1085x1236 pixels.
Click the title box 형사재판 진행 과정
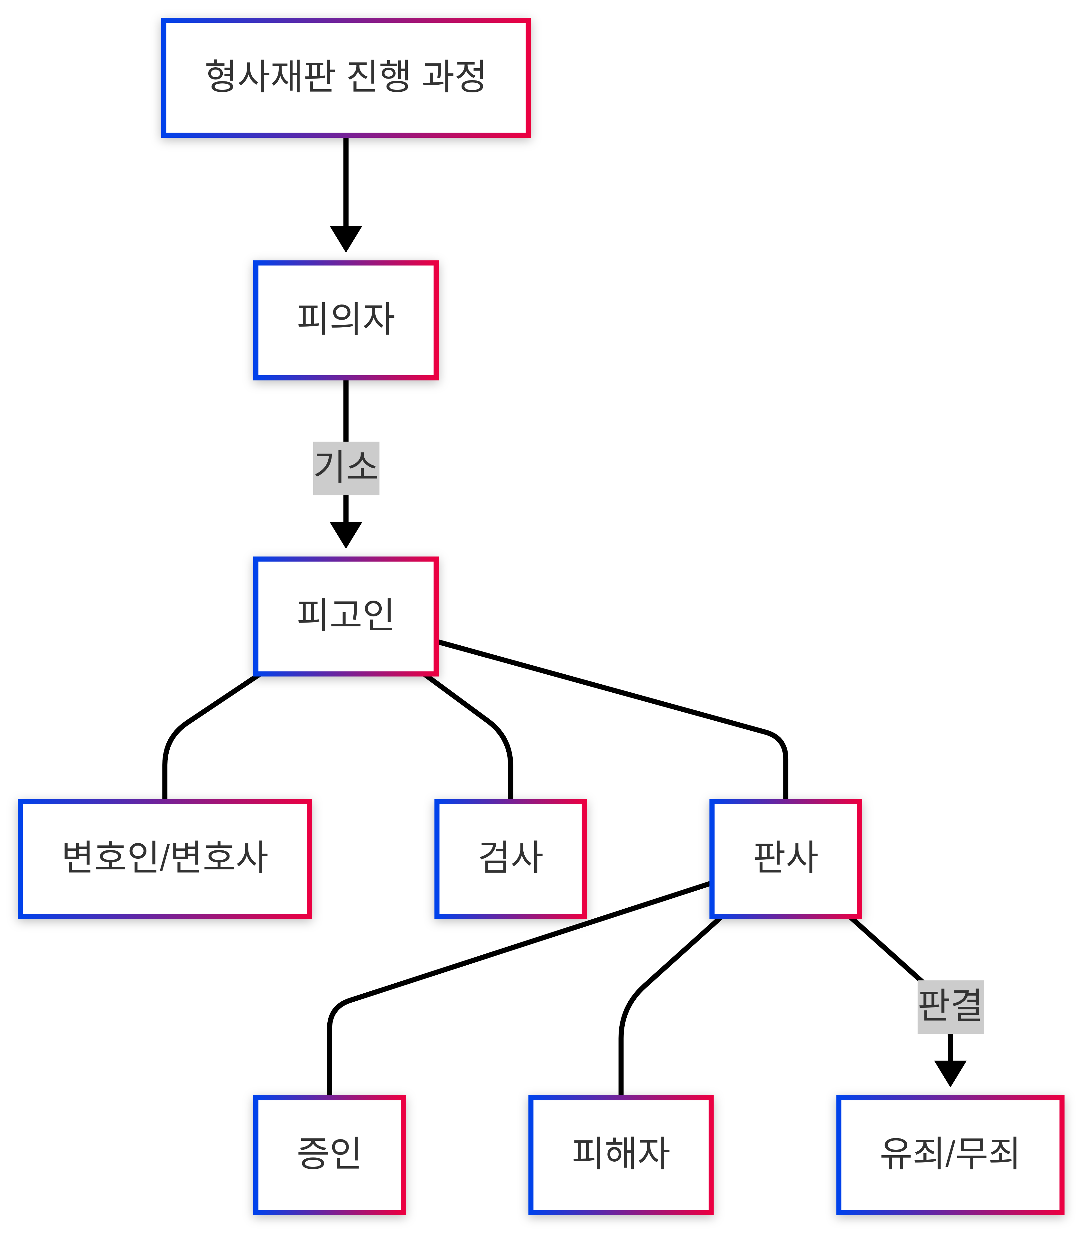pyautogui.click(x=345, y=77)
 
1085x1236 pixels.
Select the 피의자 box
pyautogui.click(x=345, y=320)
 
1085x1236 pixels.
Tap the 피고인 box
pyautogui.click(x=345, y=615)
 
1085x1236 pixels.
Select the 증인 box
pyautogui.click(x=329, y=1154)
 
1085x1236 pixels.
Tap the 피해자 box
pyautogui.click(x=621, y=1154)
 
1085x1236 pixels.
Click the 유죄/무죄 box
pyautogui.click(x=949, y=1154)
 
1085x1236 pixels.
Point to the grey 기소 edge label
pyautogui.click(x=345, y=468)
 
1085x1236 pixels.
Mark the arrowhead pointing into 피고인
pyautogui.click(x=345, y=535)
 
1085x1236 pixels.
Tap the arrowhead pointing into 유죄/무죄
pyautogui.click(x=949, y=1073)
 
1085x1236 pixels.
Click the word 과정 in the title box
pyautogui.click(x=453, y=77)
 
